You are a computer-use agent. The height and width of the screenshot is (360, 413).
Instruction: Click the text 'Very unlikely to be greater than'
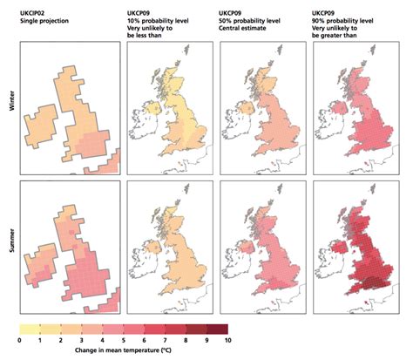click(x=346, y=28)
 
